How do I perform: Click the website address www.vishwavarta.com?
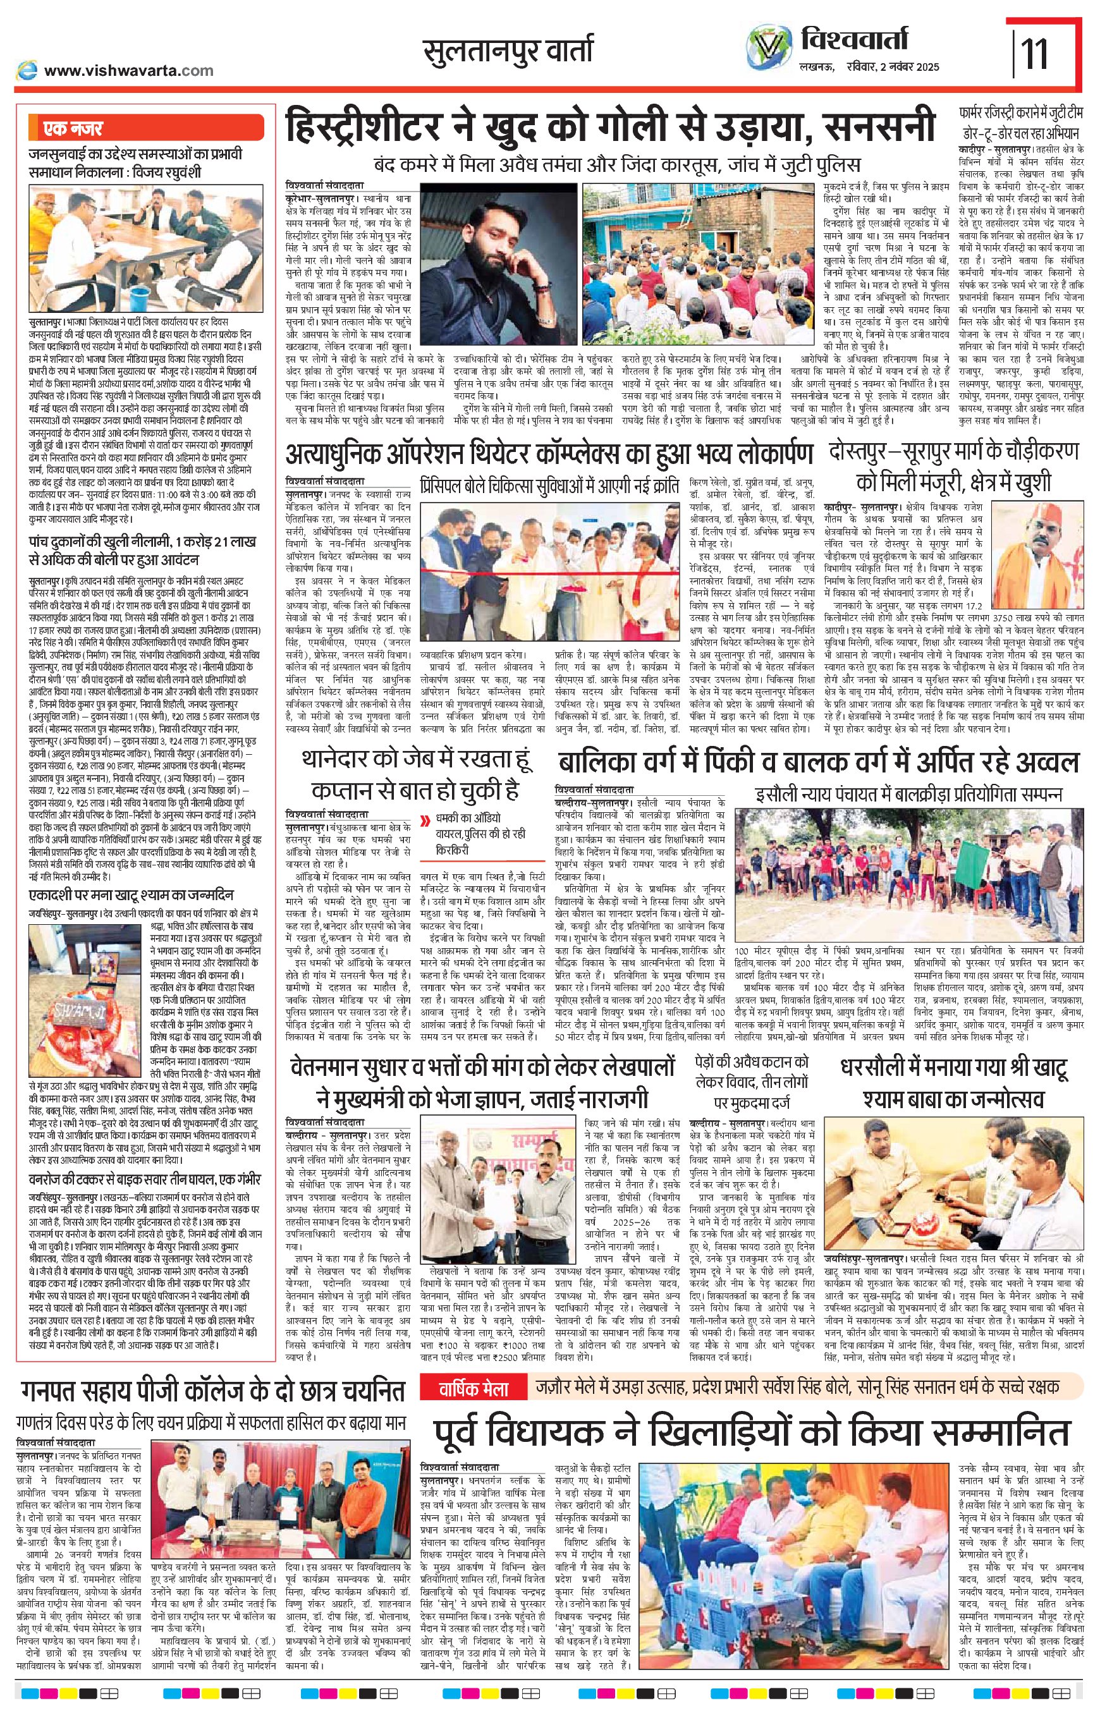click(x=128, y=70)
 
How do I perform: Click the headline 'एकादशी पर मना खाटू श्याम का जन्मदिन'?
click(x=142, y=895)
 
